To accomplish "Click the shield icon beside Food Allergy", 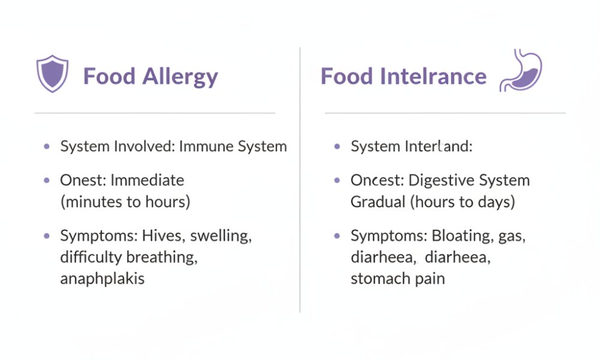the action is click(52, 73).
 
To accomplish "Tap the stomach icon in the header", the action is click(521, 70).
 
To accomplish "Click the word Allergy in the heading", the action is click(180, 77).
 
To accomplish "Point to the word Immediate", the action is click(148, 180).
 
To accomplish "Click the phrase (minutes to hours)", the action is click(125, 202).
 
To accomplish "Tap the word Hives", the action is click(163, 236).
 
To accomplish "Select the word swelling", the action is click(221, 236).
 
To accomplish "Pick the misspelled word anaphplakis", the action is click(102, 279).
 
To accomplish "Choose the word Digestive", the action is click(441, 181).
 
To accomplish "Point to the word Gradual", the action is click(377, 202).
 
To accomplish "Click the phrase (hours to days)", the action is click(463, 202).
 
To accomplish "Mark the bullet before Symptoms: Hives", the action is click(47, 236).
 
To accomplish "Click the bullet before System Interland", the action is click(337, 146).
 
